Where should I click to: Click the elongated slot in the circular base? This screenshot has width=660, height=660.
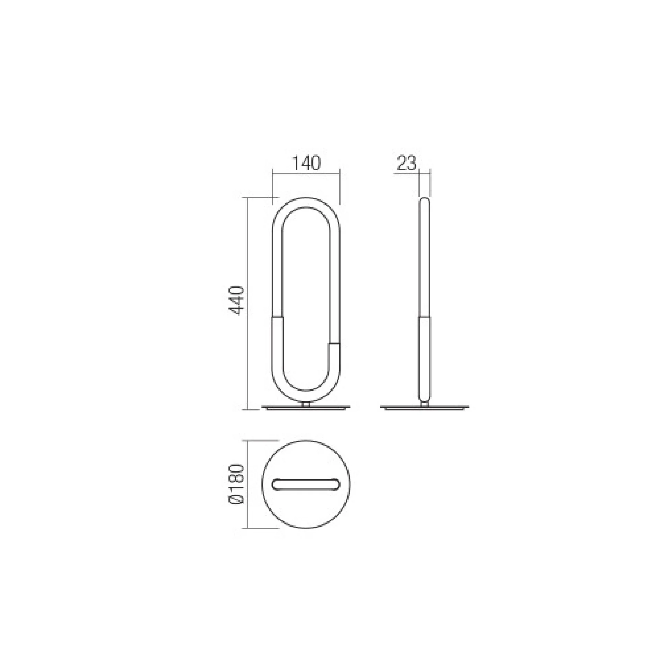(306, 484)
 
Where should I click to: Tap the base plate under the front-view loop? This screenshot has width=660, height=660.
(306, 408)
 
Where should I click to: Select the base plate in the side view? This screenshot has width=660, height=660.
(425, 408)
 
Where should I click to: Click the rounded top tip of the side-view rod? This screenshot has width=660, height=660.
(425, 198)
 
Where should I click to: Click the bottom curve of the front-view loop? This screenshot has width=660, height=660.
(306, 397)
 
